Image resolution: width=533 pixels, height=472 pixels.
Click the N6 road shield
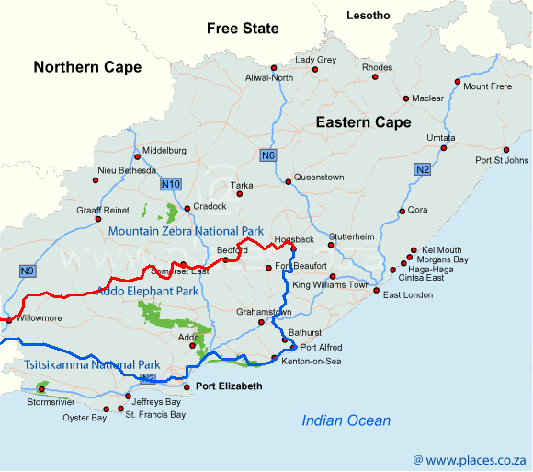pos(267,155)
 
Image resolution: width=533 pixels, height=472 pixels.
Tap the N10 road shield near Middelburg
pos(170,185)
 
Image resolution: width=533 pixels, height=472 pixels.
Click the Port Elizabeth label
pos(229,386)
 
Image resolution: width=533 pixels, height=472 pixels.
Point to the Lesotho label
pos(368,16)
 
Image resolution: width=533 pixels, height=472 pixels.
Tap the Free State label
pos(243,29)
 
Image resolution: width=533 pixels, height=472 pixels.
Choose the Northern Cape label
pos(87,67)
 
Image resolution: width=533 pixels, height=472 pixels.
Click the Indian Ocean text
pos(346,420)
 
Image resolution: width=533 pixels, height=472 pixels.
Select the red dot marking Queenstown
pos(288,182)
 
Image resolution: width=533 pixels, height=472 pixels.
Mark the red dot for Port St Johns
pos(505,149)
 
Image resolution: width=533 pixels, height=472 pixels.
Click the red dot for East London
pos(376,290)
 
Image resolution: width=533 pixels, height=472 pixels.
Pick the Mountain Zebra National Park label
pos(186,231)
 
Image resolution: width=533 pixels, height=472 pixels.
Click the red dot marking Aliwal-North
pos(273,68)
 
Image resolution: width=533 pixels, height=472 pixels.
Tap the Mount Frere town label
pos(487,86)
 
